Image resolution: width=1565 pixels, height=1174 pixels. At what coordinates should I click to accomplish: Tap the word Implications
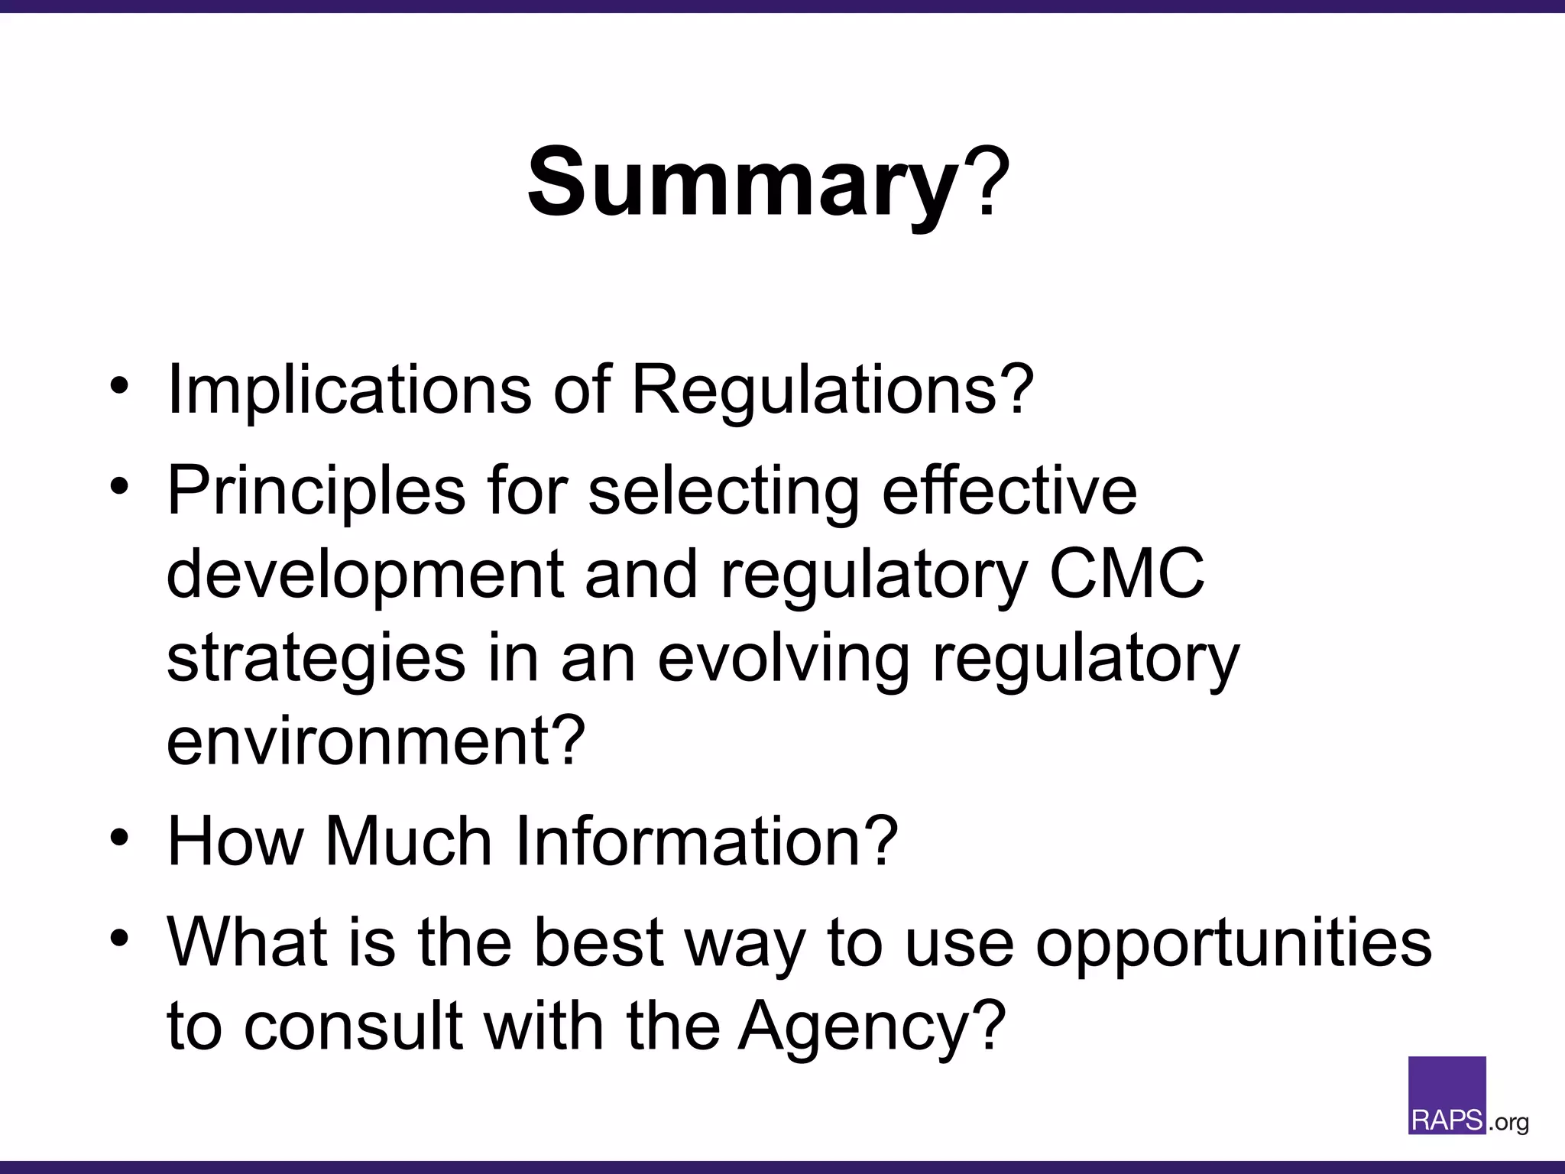(x=348, y=389)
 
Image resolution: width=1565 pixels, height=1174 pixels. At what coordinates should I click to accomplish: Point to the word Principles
(x=316, y=490)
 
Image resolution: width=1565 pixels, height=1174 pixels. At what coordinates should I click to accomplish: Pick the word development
(x=364, y=575)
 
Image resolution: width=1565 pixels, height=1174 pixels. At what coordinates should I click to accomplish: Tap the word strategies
(x=316, y=659)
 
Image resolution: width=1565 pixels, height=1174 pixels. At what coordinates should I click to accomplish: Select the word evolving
(x=783, y=659)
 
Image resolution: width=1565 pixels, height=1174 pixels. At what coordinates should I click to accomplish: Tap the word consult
(x=353, y=1026)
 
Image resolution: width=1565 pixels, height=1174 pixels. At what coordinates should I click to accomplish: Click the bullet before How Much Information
(x=119, y=838)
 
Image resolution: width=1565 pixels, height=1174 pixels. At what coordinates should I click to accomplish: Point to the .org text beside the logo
(x=1508, y=1123)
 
